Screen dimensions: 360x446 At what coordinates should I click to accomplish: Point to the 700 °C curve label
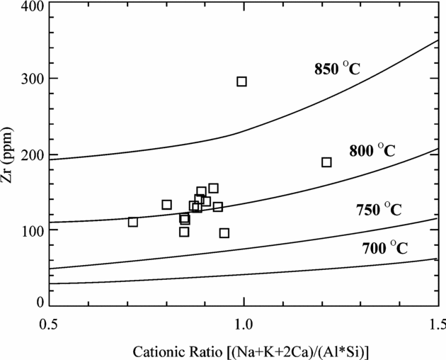pyautogui.click(x=384, y=248)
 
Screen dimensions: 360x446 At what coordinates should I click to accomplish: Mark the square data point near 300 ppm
pyautogui.click(x=241, y=81)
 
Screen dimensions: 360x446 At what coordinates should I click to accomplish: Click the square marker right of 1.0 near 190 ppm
pyautogui.click(x=326, y=162)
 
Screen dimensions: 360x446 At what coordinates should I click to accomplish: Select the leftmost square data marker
pyautogui.click(x=132, y=222)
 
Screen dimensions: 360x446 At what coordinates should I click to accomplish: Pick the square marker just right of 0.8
pyautogui.click(x=166, y=205)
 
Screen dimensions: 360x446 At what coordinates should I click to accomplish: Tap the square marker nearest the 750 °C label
pyautogui.click(x=224, y=232)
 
